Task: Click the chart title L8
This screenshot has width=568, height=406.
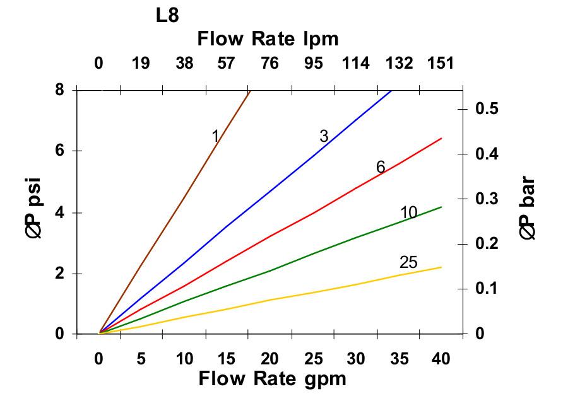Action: coord(167,16)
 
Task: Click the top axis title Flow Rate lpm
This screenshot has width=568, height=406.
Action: coord(268,39)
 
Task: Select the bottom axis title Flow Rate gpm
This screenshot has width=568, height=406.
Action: coord(273,379)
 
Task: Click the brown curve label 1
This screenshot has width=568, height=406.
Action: coord(215,136)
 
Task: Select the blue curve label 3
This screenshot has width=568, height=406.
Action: coord(324,136)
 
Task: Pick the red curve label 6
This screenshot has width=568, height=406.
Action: coord(381,167)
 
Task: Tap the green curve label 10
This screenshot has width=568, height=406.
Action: coord(409,213)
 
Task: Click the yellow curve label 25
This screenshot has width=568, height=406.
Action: coord(408,262)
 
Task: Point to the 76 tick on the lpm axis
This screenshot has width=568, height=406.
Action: coord(269,63)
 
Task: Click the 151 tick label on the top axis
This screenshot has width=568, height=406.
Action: coord(441,63)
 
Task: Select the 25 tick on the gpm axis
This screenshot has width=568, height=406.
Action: coord(312,359)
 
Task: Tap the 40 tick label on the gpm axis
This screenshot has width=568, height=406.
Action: coord(441,359)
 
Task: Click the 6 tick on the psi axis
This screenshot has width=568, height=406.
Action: coord(59,151)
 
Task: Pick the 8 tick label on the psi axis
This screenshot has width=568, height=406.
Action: coord(59,90)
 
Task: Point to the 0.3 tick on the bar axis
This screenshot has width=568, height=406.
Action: coord(486,199)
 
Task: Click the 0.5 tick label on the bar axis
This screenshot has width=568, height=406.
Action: coord(486,109)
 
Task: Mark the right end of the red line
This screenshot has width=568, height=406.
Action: coord(441,138)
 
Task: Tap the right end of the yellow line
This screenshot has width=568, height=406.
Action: coord(441,267)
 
